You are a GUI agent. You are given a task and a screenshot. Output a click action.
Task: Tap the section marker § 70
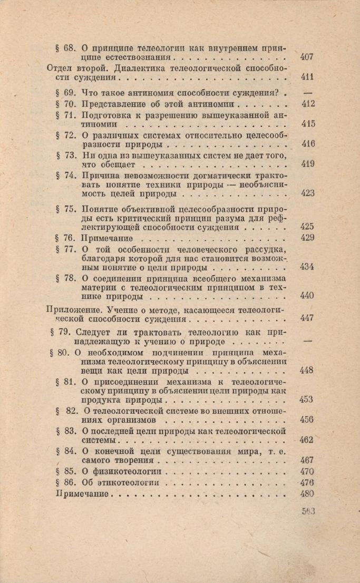point(66,104)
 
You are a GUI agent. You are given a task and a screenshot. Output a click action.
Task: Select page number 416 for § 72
point(307,144)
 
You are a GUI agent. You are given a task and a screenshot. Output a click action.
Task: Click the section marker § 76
point(66,238)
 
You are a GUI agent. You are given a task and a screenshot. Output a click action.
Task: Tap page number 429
point(307,238)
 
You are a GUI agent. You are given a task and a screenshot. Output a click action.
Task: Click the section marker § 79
point(61,332)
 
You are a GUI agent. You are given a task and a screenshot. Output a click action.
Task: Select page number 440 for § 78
point(307,296)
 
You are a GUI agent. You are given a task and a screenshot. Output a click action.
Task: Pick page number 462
point(307,439)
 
